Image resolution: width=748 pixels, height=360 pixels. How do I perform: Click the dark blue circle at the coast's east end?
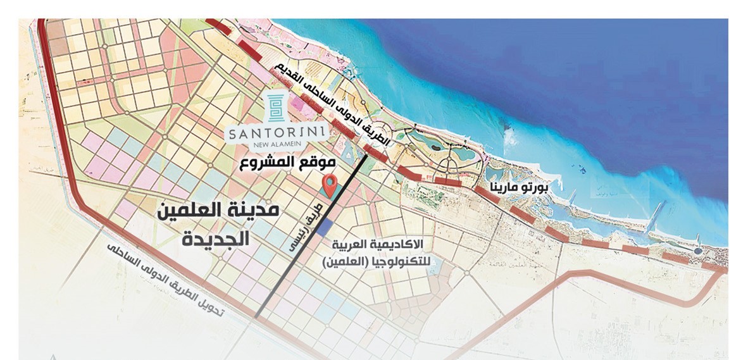697,251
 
